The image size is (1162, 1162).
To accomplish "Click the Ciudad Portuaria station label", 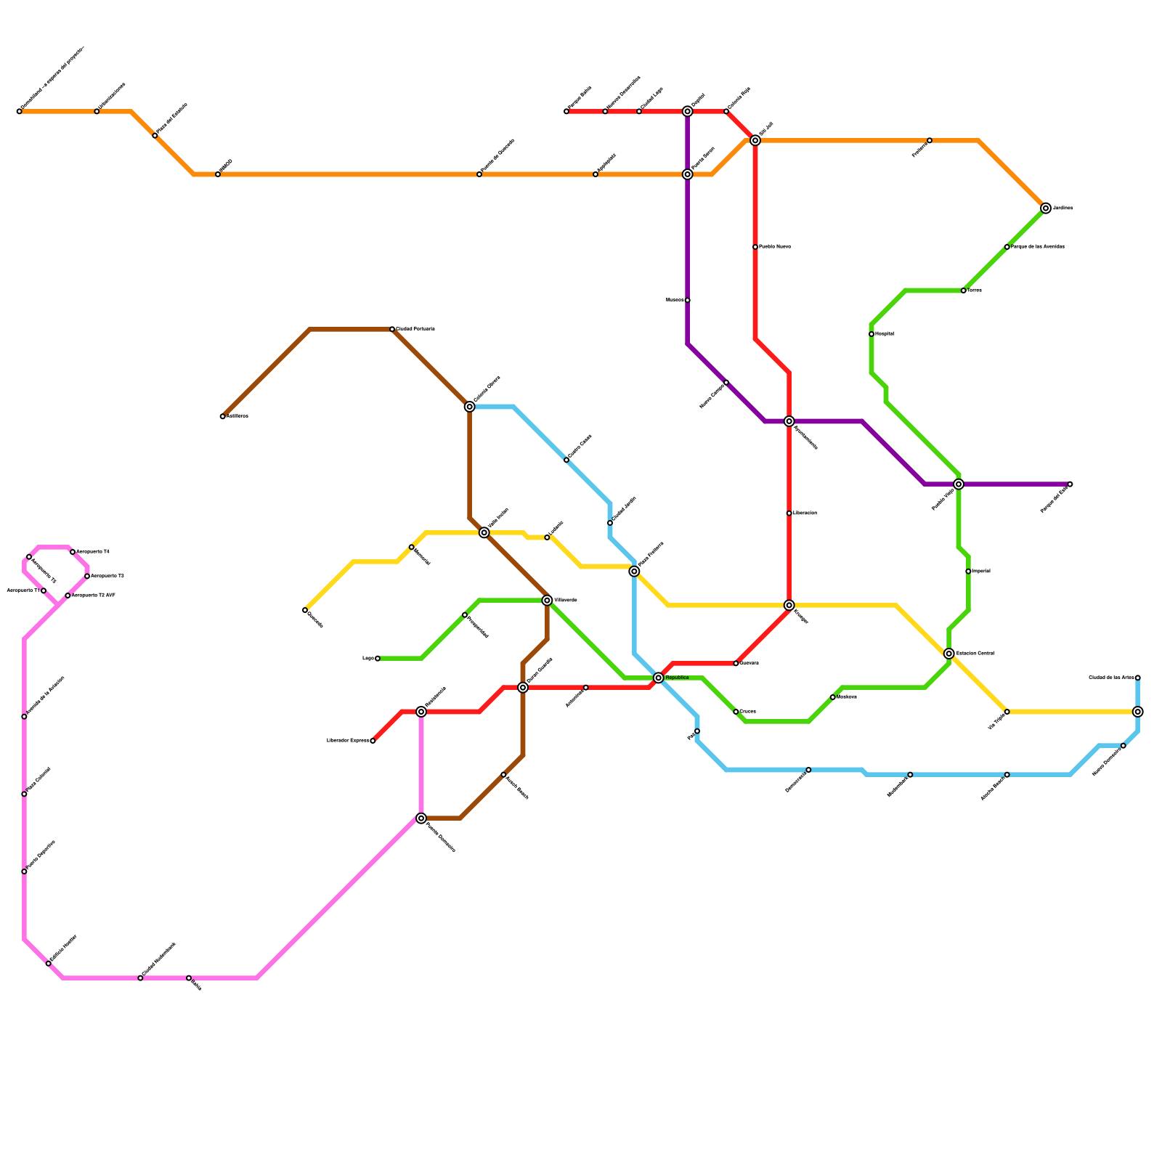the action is [x=415, y=329].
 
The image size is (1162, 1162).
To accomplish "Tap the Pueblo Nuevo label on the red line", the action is [x=775, y=247].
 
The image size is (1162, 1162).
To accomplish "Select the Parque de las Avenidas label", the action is [x=1038, y=247].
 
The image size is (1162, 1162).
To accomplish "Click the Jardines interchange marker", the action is [x=1045, y=208].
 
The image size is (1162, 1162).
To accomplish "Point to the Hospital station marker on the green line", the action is [x=871, y=334].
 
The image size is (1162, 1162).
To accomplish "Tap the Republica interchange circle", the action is [x=658, y=678].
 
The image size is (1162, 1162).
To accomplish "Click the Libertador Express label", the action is [x=348, y=741].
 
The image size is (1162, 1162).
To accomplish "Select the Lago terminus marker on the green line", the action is [x=378, y=659].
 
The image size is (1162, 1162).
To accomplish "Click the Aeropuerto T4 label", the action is [x=93, y=552].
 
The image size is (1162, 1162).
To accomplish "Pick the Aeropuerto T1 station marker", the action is [x=44, y=590].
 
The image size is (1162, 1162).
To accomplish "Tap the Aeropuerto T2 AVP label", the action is [x=94, y=596].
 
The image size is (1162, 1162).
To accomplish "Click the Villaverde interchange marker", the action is [x=547, y=601].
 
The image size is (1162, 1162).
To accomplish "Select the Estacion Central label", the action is [x=975, y=654].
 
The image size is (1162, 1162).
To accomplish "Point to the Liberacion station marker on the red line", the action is [x=789, y=513].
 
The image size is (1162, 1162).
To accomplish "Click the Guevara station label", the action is [x=749, y=663].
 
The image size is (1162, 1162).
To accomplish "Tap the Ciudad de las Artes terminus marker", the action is [x=1137, y=678].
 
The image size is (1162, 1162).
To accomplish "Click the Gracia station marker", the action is [x=736, y=712].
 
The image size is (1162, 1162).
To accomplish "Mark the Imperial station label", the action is [x=980, y=572].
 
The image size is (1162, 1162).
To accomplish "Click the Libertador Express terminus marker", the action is [x=373, y=741].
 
